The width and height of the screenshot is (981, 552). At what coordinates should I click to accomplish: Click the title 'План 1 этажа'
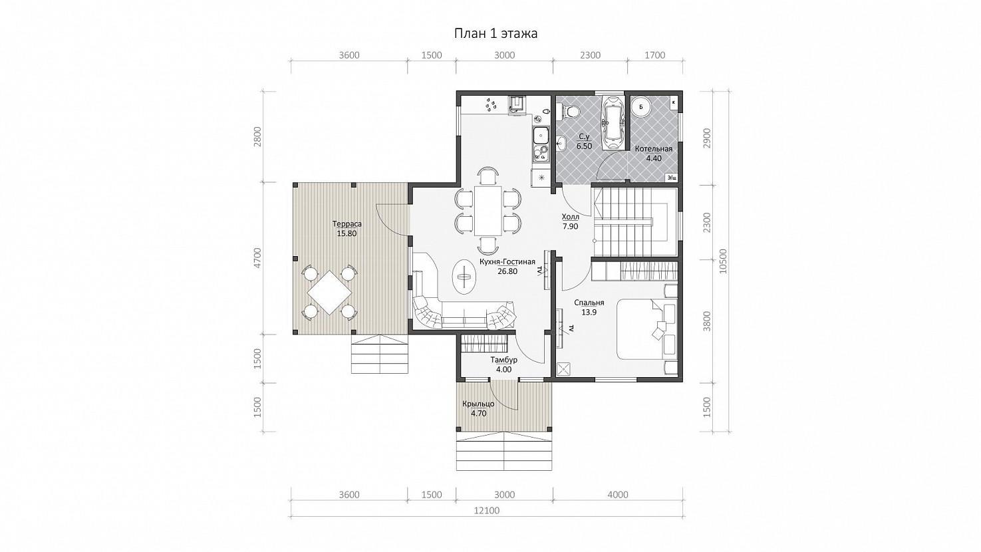click(x=495, y=34)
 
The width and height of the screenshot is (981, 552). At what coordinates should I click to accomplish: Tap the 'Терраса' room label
click(x=347, y=224)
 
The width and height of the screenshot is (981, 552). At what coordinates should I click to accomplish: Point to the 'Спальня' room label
click(x=589, y=303)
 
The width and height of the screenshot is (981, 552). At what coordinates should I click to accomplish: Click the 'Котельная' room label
click(x=653, y=149)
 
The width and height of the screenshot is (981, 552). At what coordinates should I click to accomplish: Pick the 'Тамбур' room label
click(x=503, y=360)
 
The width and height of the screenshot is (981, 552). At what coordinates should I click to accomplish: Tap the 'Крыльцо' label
click(x=478, y=404)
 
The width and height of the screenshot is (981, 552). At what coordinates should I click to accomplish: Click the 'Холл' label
click(x=570, y=217)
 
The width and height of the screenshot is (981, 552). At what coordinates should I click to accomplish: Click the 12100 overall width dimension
click(x=487, y=510)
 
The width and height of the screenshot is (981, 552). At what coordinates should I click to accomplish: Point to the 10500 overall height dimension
click(x=722, y=261)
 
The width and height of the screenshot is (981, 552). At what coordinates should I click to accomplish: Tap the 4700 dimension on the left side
click(x=257, y=258)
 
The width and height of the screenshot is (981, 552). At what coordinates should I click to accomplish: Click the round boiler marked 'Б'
click(x=641, y=106)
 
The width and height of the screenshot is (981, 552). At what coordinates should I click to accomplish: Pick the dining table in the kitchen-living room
click(x=488, y=211)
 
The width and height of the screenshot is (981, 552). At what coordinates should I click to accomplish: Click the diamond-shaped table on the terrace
click(x=329, y=293)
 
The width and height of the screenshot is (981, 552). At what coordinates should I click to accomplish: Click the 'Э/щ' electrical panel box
click(x=671, y=178)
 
